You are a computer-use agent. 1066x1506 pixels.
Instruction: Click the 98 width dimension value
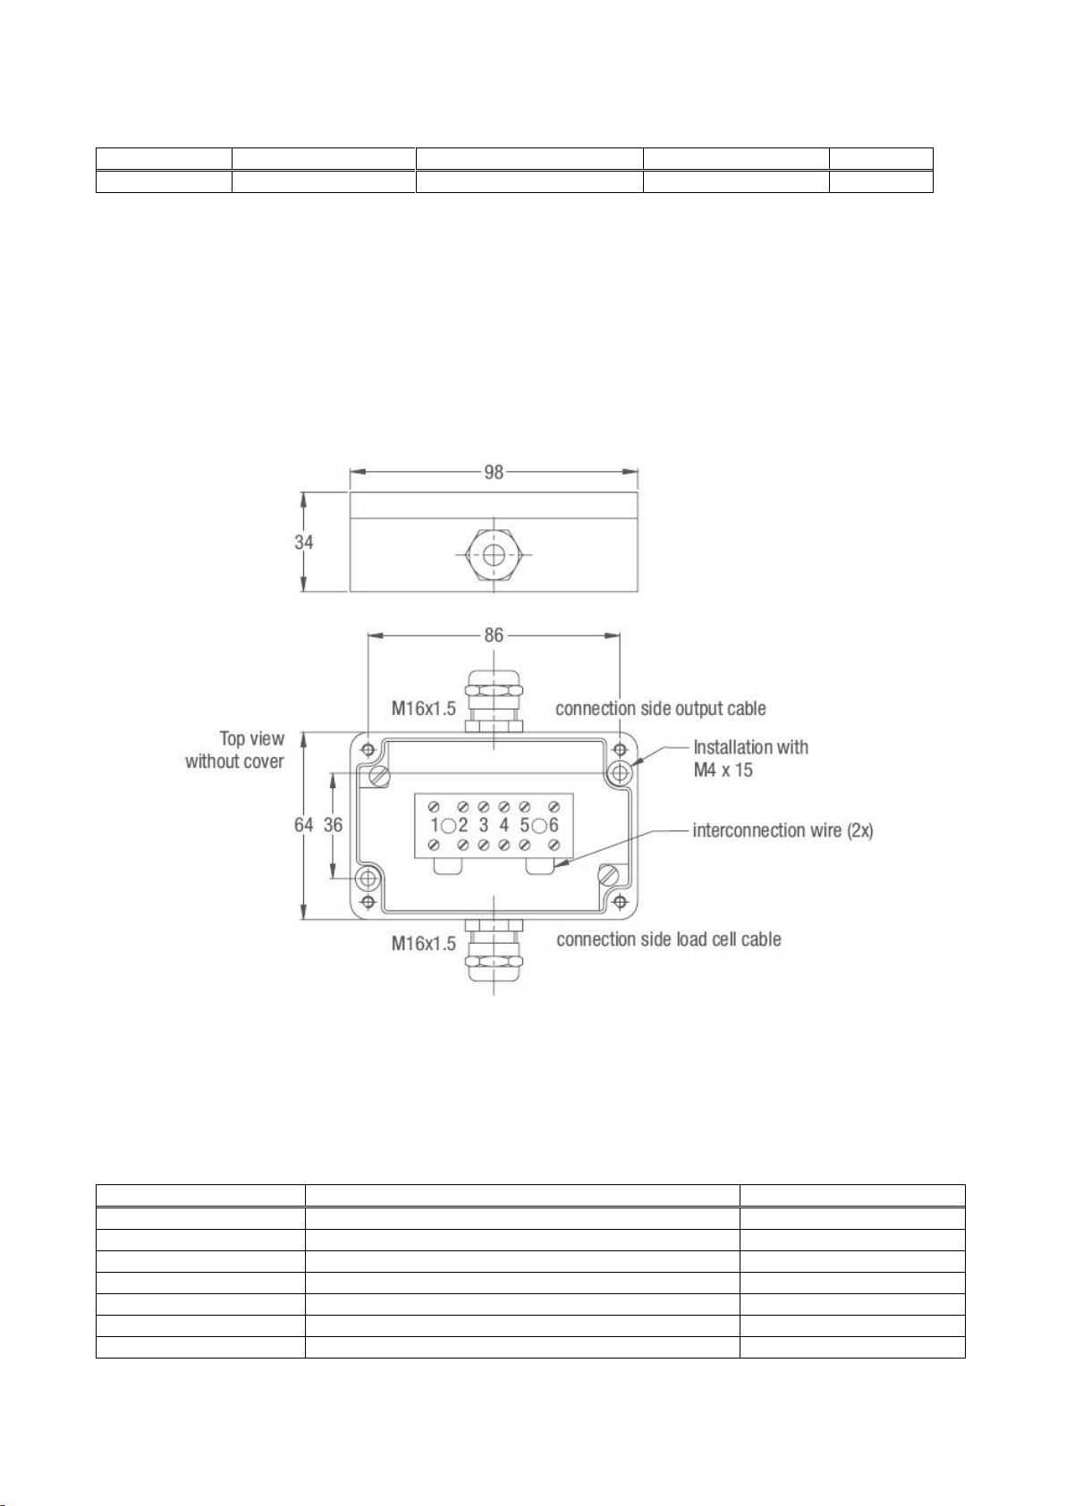click(x=494, y=472)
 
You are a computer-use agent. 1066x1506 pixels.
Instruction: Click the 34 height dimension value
click(x=304, y=542)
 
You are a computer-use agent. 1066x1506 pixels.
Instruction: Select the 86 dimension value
click(x=494, y=635)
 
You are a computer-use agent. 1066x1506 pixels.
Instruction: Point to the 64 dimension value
click(x=304, y=824)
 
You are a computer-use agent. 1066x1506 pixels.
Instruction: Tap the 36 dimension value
click(x=334, y=824)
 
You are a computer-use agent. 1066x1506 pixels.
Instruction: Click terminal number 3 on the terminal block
click(x=484, y=824)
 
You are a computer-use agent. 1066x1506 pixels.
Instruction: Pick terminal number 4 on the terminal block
click(x=504, y=824)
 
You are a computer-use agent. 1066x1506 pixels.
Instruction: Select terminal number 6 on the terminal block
click(x=554, y=824)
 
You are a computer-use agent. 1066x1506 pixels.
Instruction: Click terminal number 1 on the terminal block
click(x=435, y=824)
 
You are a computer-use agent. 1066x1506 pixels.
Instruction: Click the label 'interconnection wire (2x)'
click(x=783, y=830)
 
